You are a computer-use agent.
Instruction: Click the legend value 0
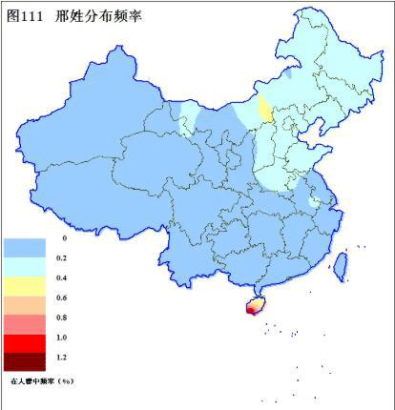[64, 237]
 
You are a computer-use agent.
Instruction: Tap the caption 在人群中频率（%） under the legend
[42, 380]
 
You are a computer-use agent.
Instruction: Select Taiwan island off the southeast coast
[342, 266]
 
